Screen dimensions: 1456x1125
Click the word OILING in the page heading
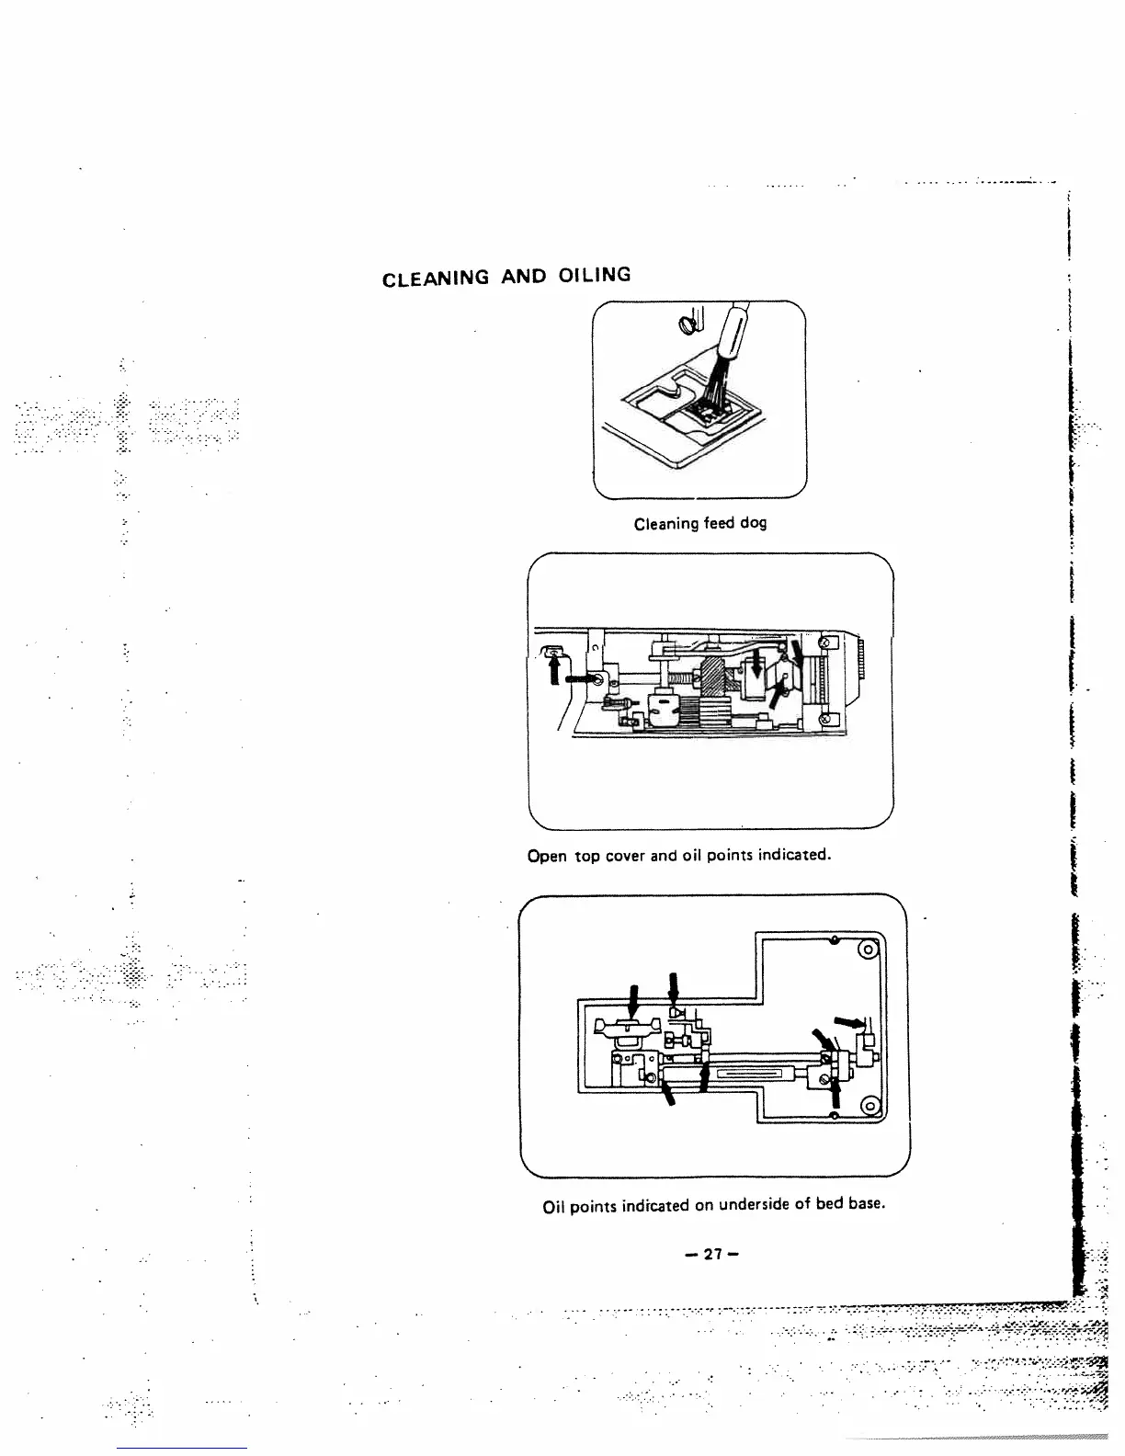[x=594, y=274]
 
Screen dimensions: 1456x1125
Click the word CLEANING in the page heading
[x=435, y=279]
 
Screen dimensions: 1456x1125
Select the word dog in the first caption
[x=751, y=523]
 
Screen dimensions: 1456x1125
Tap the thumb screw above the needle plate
[x=685, y=324]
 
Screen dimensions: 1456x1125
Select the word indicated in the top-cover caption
[x=797, y=855]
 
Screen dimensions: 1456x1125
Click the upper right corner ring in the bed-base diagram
[x=867, y=950]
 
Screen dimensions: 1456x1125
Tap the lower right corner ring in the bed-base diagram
[x=867, y=1105]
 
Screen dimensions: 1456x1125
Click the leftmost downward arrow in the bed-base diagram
[x=632, y=1000]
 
